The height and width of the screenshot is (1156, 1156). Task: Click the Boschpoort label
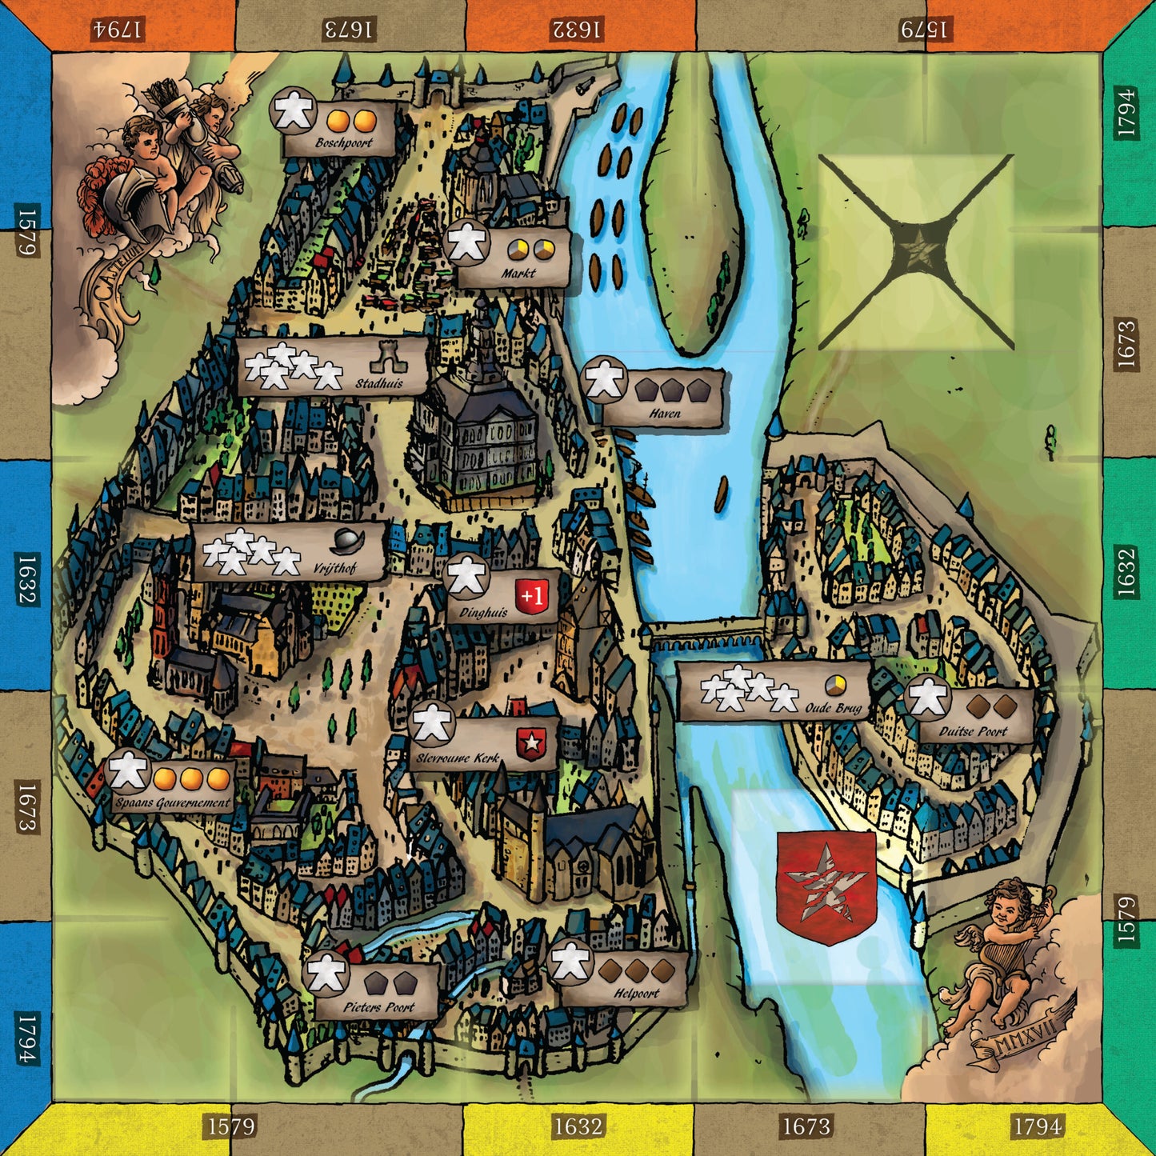tap(344, 143)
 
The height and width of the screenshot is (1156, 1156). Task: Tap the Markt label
tap(518, 274)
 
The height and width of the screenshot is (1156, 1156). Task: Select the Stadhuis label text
tap(379, 383)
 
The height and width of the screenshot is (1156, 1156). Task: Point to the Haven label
tap(665, 414)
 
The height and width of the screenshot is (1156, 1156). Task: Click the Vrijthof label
tap(334, 568)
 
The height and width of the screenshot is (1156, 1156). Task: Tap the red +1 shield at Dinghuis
tap(533, 596)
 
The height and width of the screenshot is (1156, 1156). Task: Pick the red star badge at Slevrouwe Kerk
tap(530, 743)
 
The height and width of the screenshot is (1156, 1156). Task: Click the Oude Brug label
tap(834, 708)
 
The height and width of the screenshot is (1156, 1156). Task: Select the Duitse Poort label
tap(973, 731)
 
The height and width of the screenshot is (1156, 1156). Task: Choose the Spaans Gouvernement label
tap(172, 802)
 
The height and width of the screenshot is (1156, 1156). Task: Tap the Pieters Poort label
tap(379, 1007)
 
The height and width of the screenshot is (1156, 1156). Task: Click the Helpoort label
tap(637, 994)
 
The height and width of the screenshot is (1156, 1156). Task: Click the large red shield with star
tap(826, 885)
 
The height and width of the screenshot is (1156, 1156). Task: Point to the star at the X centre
tap(917, 250)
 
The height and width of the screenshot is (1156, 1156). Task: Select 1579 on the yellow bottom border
tap(231, 1126)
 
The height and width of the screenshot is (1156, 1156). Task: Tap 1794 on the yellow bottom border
tap(1038, 1126)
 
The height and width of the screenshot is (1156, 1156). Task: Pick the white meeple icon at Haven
tap(604, 381)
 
